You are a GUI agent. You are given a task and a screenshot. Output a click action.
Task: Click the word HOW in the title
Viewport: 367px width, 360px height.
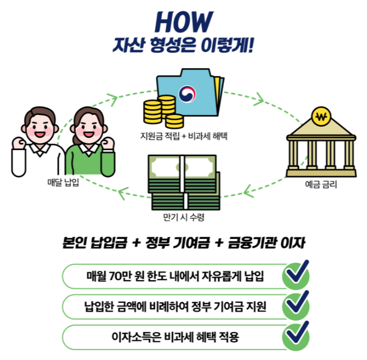[x=183, y=22]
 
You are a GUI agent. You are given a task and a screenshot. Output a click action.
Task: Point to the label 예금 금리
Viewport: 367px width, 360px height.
[x=321, y=183]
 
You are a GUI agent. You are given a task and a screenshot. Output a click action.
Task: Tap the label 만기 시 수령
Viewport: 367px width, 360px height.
[x=183, y=218]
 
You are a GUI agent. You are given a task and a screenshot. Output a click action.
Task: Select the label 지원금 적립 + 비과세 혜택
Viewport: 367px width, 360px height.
[x=184, y=137]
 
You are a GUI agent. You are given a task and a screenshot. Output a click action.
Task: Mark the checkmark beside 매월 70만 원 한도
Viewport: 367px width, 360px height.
[x=296, y=274]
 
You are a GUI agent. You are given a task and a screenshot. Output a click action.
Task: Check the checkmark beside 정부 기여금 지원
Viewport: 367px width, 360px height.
[x=296, y=305]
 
